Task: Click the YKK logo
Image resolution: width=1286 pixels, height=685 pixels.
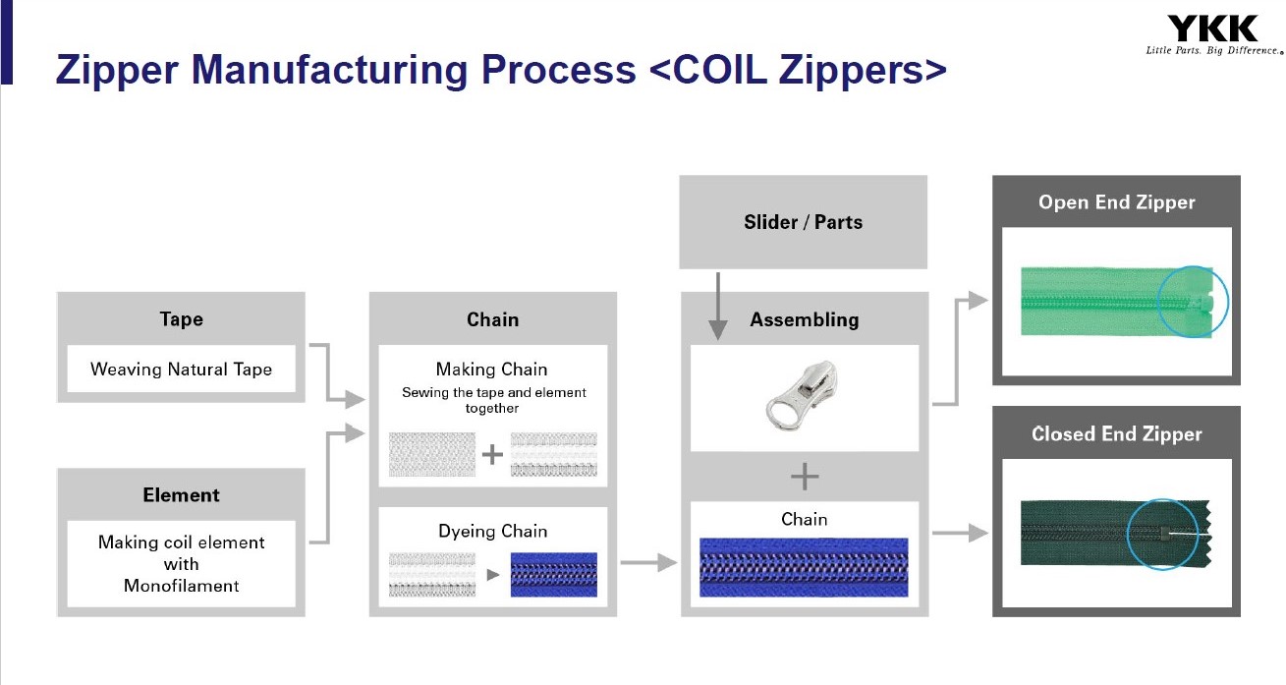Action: point(1214,29)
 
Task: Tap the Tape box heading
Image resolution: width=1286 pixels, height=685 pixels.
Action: point(181,318)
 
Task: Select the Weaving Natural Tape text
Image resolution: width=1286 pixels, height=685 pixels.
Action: point(181,370)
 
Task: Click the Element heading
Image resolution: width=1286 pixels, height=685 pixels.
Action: point(181,494)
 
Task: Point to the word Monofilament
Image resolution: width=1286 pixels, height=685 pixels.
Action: point(181,586)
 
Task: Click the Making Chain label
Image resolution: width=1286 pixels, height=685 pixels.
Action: point(491,370)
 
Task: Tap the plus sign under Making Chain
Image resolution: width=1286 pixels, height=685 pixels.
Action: point(492,455)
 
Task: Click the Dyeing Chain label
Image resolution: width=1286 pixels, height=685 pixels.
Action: point(491,531)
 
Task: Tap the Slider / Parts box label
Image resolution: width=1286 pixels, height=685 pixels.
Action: point(803,222)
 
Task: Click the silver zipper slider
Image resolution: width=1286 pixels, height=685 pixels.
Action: point(802,394)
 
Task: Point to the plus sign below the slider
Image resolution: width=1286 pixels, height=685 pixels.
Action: point(804,478)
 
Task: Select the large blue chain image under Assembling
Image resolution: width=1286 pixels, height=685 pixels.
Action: point(804,567)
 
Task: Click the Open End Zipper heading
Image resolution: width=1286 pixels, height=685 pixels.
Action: point(1116,202)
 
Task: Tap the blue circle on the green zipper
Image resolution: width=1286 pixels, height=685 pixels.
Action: point(1192,302)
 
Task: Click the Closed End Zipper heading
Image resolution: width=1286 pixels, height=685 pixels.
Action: point(1116,433)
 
